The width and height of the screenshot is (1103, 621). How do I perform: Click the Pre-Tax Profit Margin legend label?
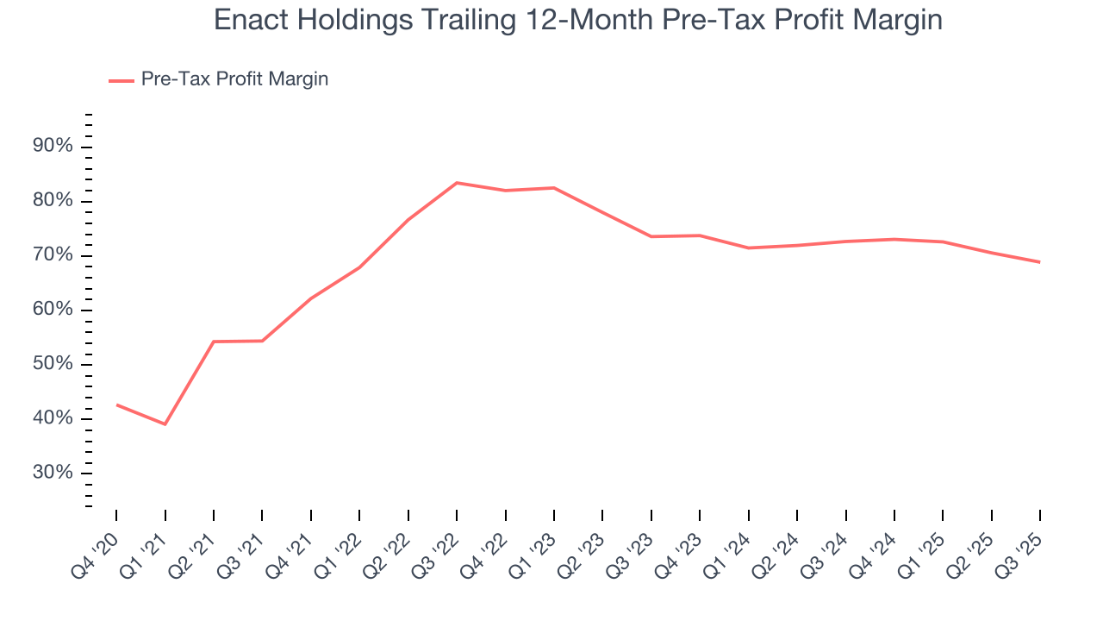[234, 79]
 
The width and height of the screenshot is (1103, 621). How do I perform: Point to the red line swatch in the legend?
[121, 80]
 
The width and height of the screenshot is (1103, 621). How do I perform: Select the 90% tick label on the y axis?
[52, 147]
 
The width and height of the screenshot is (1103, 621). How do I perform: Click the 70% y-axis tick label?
[52, 255]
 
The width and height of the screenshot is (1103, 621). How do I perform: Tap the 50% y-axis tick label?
[52, 364]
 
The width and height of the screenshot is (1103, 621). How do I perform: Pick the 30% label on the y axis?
[52, 473]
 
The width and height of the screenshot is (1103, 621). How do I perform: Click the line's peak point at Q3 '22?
[456, 183]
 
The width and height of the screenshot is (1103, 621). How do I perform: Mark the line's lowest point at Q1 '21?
[165, 424]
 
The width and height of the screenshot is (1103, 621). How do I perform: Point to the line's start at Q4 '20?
[116, 405]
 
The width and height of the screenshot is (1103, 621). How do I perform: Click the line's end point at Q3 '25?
[1039, 262]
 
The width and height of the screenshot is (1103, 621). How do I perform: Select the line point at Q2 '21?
[214, 342]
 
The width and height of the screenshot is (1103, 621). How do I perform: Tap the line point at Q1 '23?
[553, 188]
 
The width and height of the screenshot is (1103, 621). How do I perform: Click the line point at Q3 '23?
[651, 236]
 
